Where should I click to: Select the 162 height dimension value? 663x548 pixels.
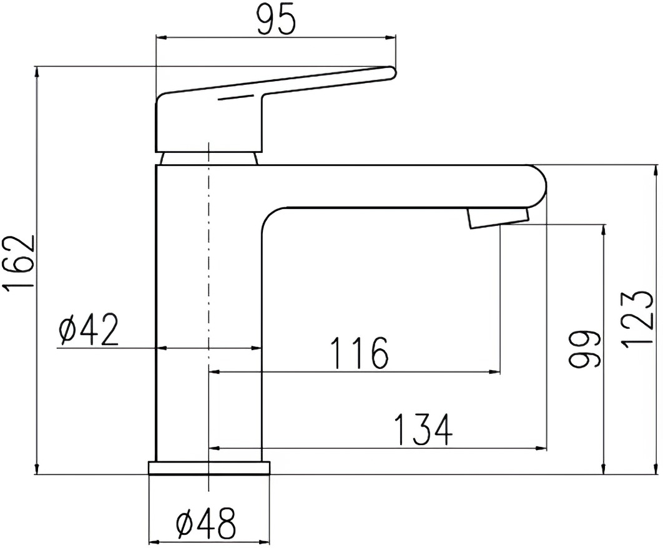pyautogui.click(x=19, y=263)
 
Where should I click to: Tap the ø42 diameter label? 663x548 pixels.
pyautogui.click(x=89, y=330)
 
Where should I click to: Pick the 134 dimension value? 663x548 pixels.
pyautogui.click(x=423, y=430)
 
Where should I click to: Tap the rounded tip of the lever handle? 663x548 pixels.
pyautogui.click(x=392, y=73)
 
